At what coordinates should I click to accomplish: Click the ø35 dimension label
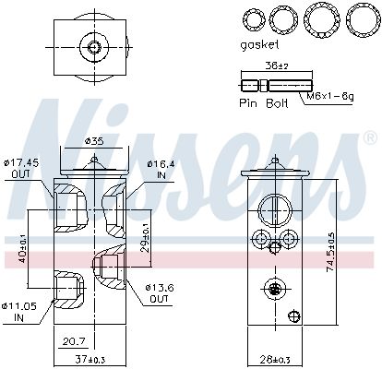[94, 141]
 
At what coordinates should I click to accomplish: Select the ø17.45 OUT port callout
[21, 168]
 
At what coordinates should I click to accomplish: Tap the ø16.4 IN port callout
[161, 169]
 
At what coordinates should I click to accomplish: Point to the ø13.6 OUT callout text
[160, 293]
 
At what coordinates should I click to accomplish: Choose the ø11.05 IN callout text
[18, 312]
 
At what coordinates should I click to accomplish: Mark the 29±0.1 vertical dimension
[147, 236]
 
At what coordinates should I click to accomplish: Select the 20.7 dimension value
[75, 341]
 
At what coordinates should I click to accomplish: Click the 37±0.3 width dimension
[90, 359]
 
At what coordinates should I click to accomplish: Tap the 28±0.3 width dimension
[274, 359]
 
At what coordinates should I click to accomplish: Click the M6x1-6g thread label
[330, 97]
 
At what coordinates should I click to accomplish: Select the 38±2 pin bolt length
[277, 65]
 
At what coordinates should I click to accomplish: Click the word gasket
[259, 45]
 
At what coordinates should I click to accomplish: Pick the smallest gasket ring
[254, 19]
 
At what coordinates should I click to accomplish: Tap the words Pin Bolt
[264, 102]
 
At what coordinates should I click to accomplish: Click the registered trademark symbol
[370, 137]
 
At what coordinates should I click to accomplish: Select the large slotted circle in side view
[275, 211]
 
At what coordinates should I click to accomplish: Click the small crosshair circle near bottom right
[294, 315]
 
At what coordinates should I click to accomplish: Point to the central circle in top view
[94, 47]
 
